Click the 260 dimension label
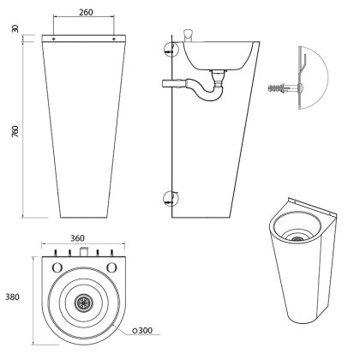(86, 12)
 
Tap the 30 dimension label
(15, 28)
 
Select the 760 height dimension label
(15, 131)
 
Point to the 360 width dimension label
(77, 238)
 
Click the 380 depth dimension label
(12, 297)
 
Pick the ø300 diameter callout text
(142, 331)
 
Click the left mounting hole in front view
(54, 39)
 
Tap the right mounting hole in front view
(114, 39)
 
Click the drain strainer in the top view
(83, 302)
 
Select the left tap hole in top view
(57, 267)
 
